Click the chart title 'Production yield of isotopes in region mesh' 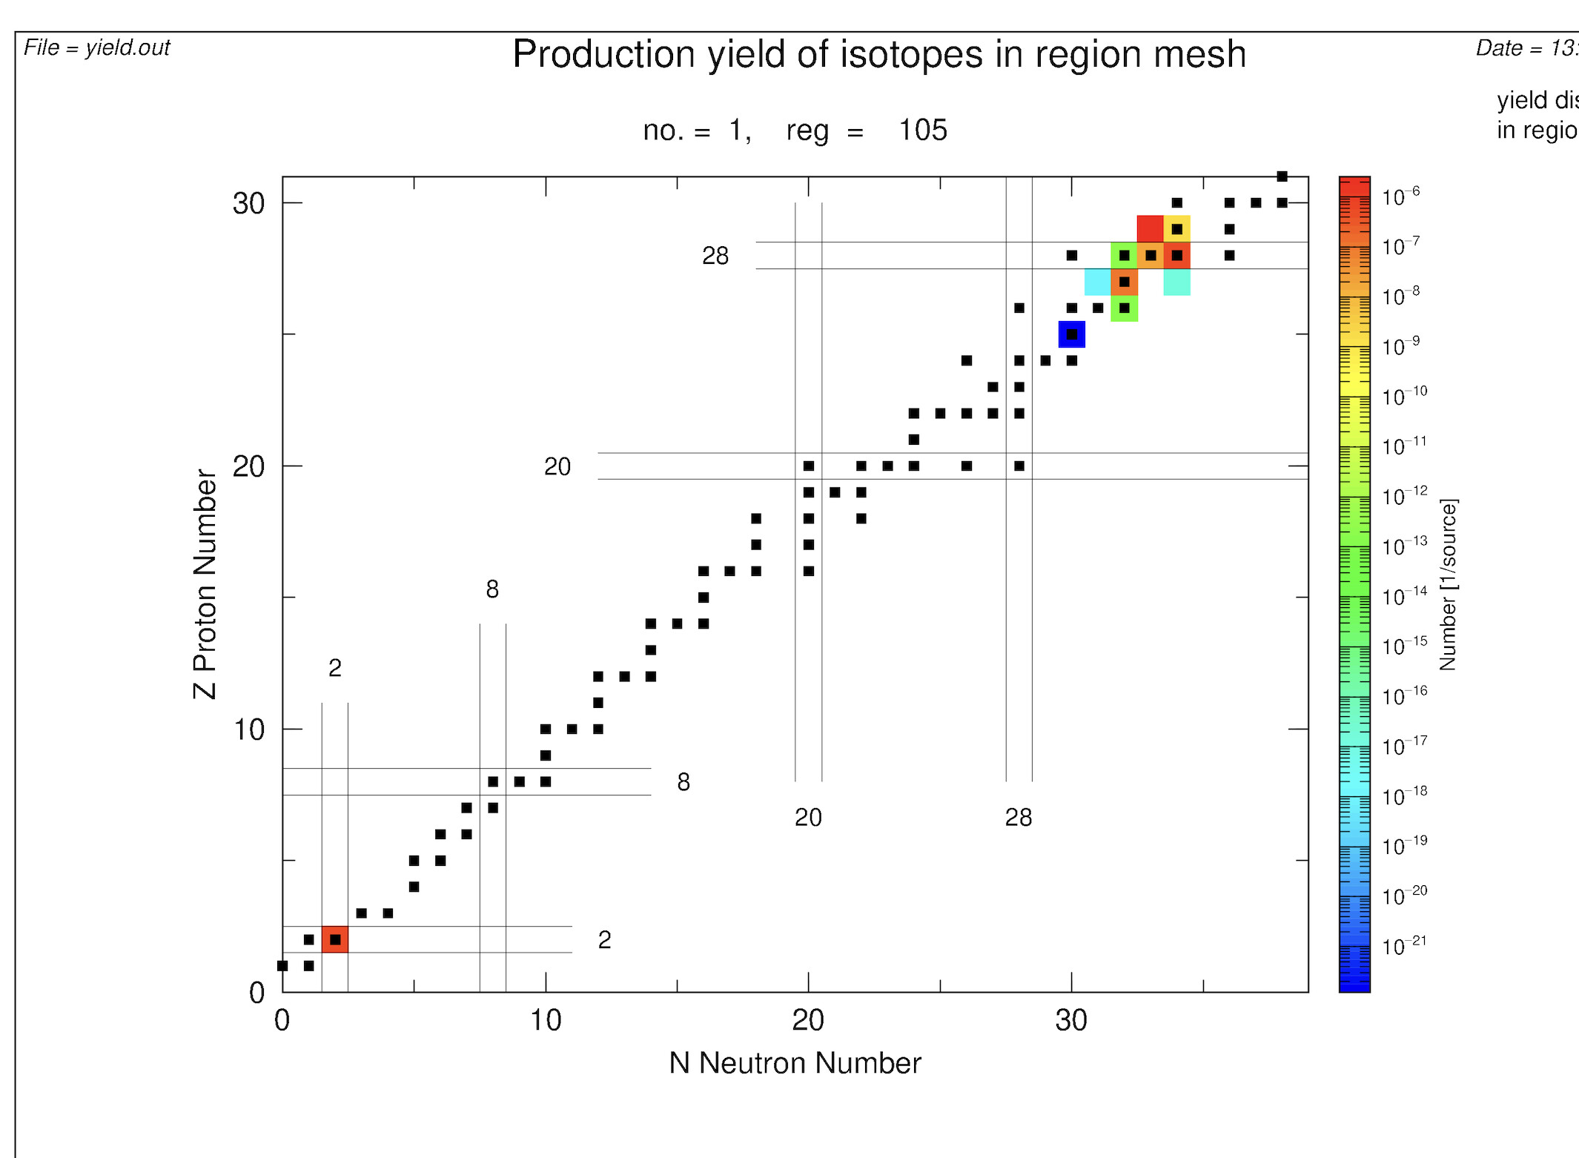[x=879, y=54]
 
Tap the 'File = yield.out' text [x=97, y=47]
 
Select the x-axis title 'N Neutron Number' [x=795, y=1063]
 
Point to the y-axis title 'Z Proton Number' [x=205, y=584]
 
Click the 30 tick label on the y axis [x=248, y=204]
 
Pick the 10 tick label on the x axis [x=546, y=1021]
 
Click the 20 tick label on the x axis [x=808, y=1021]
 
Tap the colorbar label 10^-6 [x=1400, y=196]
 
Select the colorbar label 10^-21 [x=1403, y=946]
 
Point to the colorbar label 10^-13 [x=1403, y=546]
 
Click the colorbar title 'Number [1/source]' [x=1448, y=584]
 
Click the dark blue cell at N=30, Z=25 [x=1072, y=334]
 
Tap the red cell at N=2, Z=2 [x=335, y=939]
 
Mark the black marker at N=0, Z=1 [x=282, y=965]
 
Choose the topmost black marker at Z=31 [x=1282, y=176]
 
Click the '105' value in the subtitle [x=923, y=130]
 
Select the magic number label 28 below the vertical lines [x=1019, y=818]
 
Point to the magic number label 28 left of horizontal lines [x=715, y=256]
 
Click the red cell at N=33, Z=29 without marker [x=1150, y=229]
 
